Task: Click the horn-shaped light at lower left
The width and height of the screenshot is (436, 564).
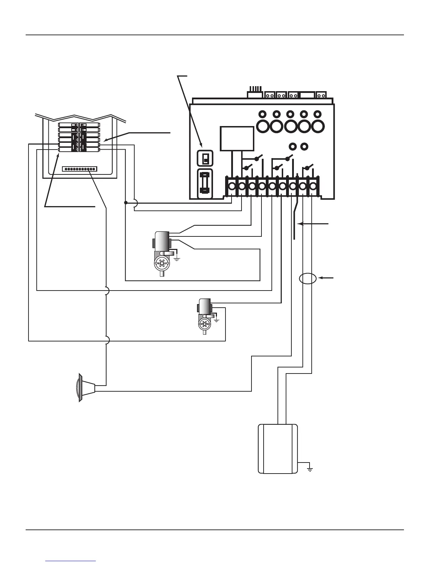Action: coord(85,388)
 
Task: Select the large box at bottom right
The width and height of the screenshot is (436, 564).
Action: coord(278,449)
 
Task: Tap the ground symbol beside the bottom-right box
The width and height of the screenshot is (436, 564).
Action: coord(310,469)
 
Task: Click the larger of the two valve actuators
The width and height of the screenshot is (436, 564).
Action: coord(162,253)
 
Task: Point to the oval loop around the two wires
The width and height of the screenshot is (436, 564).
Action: coord(307,278)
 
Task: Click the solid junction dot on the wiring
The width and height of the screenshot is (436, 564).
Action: coord(126,203)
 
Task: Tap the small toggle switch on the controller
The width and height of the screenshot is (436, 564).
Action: coord(205,158)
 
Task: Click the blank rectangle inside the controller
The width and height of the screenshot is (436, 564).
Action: coord(237,139)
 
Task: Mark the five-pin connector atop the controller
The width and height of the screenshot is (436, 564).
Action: coord(255,94)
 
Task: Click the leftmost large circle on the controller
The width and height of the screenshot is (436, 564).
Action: coord(264,126)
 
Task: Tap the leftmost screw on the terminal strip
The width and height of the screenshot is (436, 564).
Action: coord(232,186)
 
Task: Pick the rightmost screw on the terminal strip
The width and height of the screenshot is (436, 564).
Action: coord(313,186)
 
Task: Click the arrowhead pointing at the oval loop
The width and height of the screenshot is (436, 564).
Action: coord(320,278)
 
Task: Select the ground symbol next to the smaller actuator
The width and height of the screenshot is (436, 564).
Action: coord(216,320)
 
